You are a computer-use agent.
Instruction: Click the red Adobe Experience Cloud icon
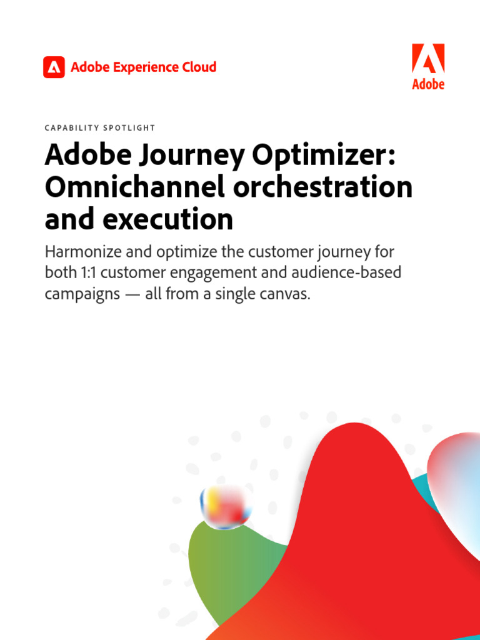[54, 67]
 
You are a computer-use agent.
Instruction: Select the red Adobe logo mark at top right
[428, 59]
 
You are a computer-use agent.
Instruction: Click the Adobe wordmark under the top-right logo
[428, 84]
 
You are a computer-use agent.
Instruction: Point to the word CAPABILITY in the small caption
[72, 127]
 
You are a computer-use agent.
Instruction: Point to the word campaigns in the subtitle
[83, 294]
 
